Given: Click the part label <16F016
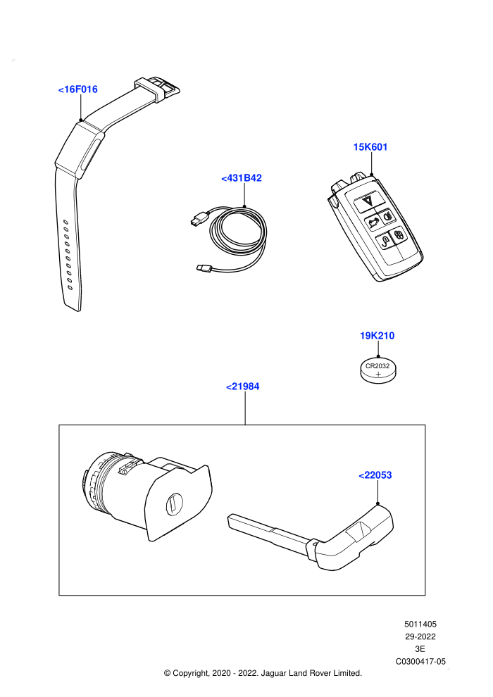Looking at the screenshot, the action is coord(77,89).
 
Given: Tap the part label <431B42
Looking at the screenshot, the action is coord(242,178).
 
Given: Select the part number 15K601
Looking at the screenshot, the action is coord(370,147).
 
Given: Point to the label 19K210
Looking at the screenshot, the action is coord(377,336).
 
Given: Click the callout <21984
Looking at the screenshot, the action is coord(243,387).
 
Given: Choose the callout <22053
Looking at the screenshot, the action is coord(375,475).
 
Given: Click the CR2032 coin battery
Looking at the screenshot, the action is coord(378,371).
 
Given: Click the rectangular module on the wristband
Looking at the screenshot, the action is coord(80,150).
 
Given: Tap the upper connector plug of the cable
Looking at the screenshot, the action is coord(198,219).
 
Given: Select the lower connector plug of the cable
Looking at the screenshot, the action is coord(205,268).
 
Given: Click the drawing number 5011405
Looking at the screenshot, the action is coord(420,624).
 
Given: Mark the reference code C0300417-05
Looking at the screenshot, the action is coord(420,661).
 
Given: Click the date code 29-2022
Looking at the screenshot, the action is coord(420,636).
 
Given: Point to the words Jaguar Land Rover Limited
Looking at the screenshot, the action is coord(311,673).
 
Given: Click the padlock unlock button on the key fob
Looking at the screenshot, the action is coord(384,241).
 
